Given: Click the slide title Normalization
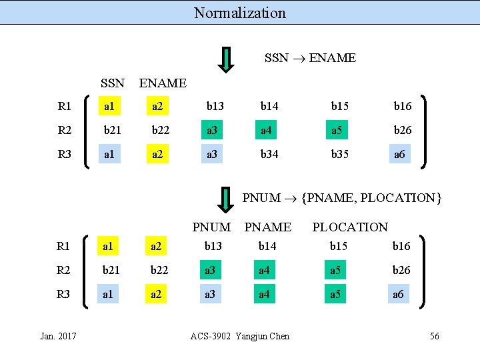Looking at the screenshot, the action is click(x=240, y=13).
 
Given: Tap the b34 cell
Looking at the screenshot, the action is click(x=269, y=154).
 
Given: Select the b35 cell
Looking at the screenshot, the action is click(x=339, y=154).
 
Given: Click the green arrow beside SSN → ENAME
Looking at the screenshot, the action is click(x=227, y=59).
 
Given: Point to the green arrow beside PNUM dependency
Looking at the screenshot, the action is click(x=227, y=199).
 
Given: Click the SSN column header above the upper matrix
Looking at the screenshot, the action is click(x=112, y=83).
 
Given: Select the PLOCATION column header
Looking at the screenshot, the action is click(x=349, y=227).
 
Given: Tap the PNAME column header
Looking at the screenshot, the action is click(x=267, y=227).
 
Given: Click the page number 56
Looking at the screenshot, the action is click(x=434, y=336).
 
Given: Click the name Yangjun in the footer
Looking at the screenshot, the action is click(x=250, y=336).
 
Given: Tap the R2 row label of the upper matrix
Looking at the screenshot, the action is click(x=65, y=130).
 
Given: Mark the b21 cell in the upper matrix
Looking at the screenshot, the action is click(x=112, y=130).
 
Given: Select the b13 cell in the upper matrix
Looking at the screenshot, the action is click(x=215, y=106).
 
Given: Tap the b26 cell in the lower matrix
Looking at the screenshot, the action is click(x=402, y=270).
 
